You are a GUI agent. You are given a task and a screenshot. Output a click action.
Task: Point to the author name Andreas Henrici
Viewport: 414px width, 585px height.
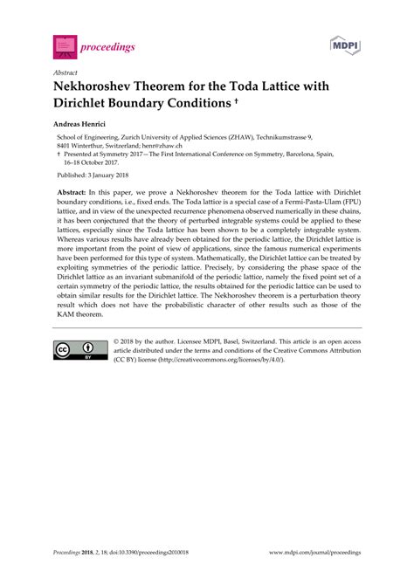coord(84,127)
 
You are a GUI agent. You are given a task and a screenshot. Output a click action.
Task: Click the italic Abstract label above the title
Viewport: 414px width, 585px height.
coord(65,72)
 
